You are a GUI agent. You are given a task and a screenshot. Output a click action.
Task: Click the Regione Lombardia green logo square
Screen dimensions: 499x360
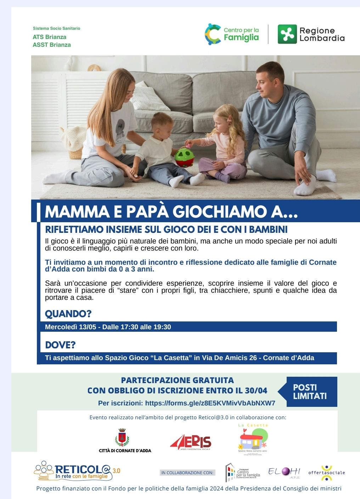click(x=287, y=34)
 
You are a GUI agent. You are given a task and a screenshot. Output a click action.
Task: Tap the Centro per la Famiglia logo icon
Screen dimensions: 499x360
click(x=213, y=34)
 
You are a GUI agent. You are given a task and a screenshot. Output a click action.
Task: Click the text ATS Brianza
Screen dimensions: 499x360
click(x=49, y=37)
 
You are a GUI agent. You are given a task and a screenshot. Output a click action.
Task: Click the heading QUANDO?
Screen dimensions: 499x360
click(x=68, y=314)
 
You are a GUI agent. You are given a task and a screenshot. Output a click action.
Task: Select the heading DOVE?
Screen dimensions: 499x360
click(x=60, y=345)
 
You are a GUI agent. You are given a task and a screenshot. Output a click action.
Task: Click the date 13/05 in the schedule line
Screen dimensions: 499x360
click(x=87, y=327)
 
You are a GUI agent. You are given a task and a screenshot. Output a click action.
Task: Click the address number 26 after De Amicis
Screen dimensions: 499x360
click(x=253, y=358)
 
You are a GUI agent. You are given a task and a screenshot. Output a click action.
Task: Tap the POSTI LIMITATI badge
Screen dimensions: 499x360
click(x=310, y=392)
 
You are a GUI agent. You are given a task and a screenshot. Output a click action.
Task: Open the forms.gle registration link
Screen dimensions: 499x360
click(x=210, y=403)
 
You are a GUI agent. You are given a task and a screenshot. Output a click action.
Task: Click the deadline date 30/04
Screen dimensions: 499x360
click(x=256, y=391)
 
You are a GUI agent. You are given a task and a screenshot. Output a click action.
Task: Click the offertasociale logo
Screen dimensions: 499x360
click(x=326, y=472)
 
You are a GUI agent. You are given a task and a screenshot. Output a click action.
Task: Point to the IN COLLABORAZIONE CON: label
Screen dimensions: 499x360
click(x=187, y=472)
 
